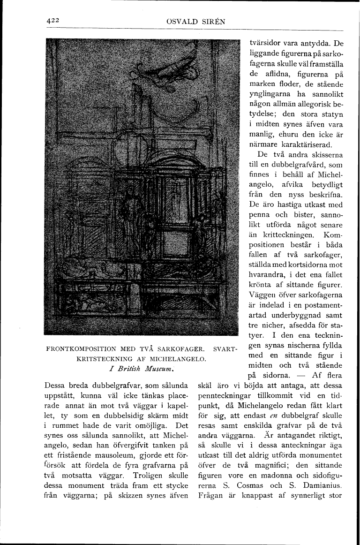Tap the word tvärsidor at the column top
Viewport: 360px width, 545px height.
[266, 43]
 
